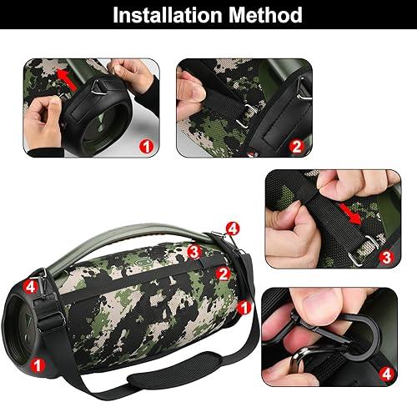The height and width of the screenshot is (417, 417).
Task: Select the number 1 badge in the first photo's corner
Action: (x=147, y=146)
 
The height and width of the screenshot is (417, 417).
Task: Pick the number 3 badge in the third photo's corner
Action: (x=384, y=259)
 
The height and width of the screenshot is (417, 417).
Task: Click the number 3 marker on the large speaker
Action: (x=193, y=250)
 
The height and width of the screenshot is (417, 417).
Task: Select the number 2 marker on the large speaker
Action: (x=223, y=273)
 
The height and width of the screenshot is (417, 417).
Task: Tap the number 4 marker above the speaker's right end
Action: (x=233, y=227)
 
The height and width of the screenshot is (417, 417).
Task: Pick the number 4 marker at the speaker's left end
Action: (x=30, y=286)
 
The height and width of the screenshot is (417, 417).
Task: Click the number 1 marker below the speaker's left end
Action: (x=38, y=364)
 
